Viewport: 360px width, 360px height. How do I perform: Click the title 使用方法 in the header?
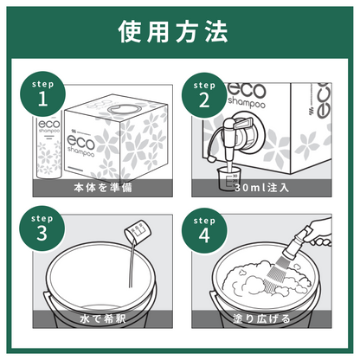click(x=173, y=32)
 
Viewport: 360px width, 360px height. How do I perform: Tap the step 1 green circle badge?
click(x=42, y=94)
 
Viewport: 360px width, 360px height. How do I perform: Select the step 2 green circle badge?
click(x=204, y=95)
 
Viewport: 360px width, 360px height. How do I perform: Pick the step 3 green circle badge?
click(x=42, y=228)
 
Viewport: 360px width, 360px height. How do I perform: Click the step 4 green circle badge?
click(x=204, y=231)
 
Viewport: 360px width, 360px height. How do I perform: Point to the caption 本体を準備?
click(x=103, y=188)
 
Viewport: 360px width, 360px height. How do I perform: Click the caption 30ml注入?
click(x=261, y=188)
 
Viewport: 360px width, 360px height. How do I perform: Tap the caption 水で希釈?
click(x=103, y=318)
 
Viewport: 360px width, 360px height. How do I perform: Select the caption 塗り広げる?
click(x=261, y=318)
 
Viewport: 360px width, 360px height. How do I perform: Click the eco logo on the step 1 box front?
click(x=80, y=142)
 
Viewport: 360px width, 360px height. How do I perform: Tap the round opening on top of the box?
click(x=123, y=110)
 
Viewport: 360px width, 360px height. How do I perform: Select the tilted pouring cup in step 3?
click(x=138, y=233)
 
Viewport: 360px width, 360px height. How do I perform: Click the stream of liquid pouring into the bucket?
click(x=132, y=264)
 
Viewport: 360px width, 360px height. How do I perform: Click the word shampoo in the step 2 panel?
click(x=247, y=103)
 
